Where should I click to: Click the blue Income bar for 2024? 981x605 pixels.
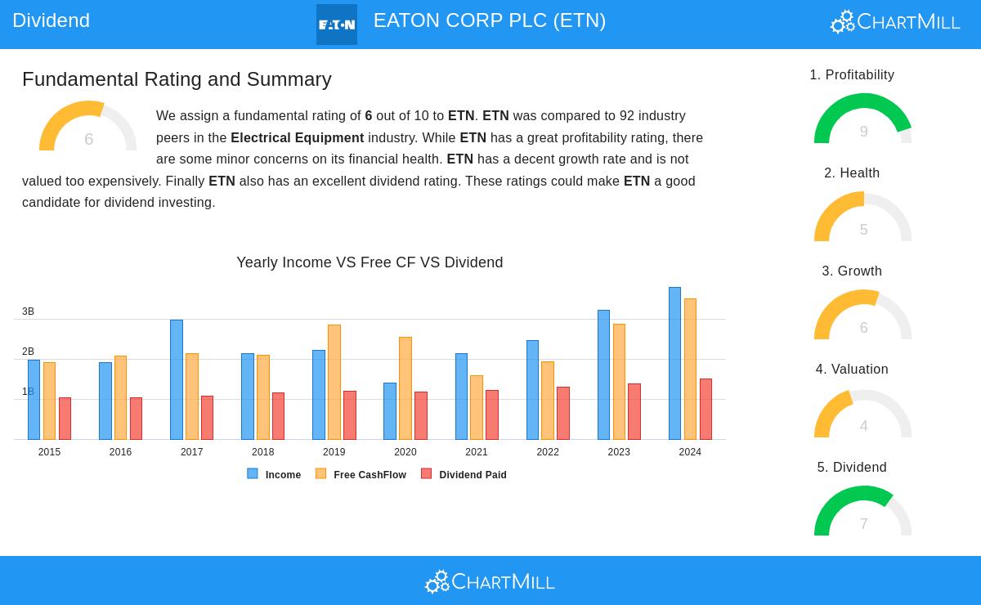tap(674, 364)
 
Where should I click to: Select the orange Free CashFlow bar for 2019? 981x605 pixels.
tap(334, 383)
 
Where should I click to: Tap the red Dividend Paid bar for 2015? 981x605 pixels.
tap(65, 419)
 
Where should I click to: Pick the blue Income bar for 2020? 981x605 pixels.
tap(390, 411)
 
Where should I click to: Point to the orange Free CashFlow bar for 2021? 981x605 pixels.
tap(477, 407)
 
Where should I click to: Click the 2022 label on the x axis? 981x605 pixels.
tap(548, 452)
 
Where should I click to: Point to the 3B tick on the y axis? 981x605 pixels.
tap(28, 311)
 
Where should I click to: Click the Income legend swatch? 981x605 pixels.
tap(253, 473)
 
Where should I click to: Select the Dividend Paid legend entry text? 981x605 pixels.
tap(473, 475)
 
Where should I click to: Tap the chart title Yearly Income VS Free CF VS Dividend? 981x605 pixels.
tap(370, 262)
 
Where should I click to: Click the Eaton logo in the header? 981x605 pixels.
tap(337, 25)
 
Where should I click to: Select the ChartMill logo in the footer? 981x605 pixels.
tap(490, 581)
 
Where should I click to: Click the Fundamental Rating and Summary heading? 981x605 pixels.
tap(177, 79)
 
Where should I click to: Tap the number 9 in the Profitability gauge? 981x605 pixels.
tap(863, 132)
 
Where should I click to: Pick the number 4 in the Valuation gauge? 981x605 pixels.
tap(863, 426)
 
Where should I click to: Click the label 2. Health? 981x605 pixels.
tap(852, 173)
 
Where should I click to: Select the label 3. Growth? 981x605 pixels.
tap(852, 271)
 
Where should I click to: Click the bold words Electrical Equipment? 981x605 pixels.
tap(297, 138)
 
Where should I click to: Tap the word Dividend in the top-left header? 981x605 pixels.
tap(51, 20)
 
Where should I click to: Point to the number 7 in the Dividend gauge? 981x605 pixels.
tap(863, 524)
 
